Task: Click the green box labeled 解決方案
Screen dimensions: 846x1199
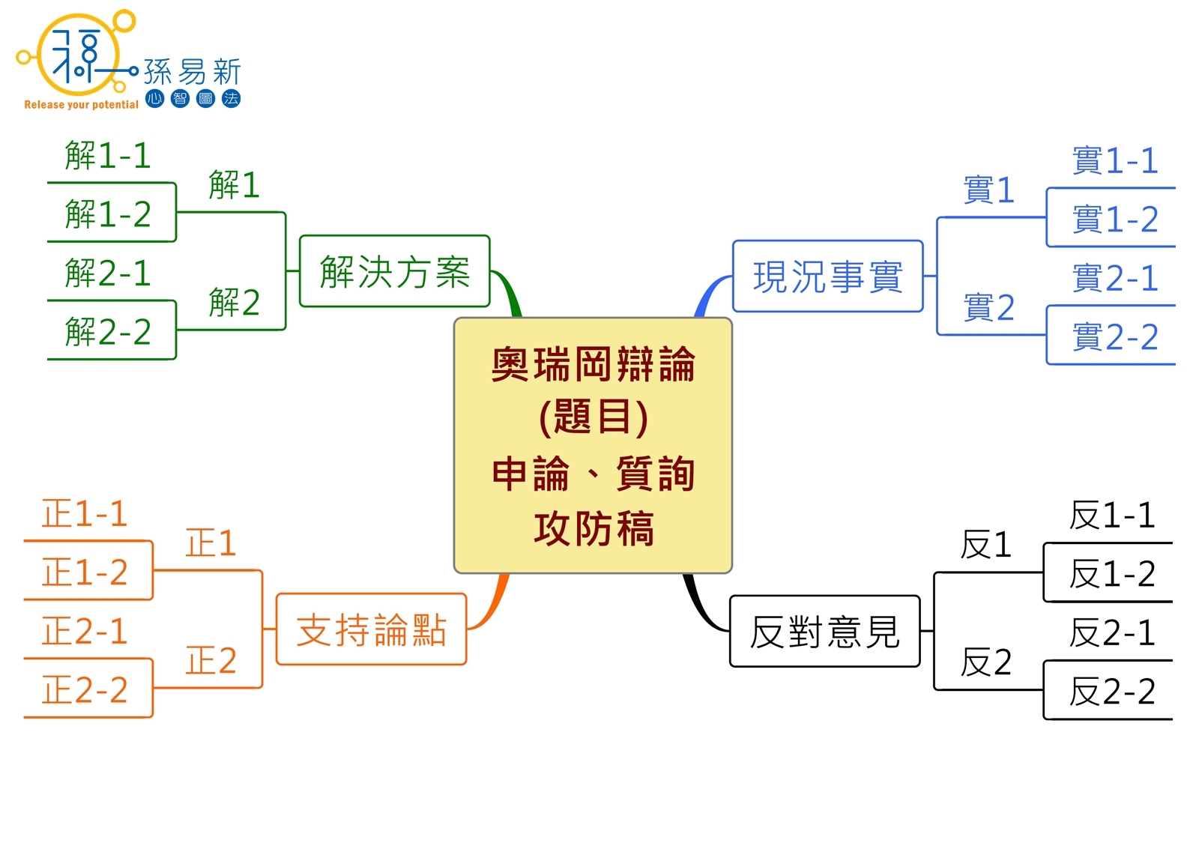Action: (394, 271)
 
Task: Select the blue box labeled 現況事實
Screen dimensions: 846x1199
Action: (827, 277)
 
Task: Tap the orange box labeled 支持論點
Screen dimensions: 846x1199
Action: (371, 629)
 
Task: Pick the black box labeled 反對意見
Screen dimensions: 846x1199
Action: (824, 632)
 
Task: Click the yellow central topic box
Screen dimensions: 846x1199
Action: (593, 446)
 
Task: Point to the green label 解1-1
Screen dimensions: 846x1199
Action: (108, 156)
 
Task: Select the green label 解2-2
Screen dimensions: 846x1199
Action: (108, 332)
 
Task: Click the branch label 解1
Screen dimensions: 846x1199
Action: (234, 185)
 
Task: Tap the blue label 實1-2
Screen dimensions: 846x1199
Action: (1115, 220)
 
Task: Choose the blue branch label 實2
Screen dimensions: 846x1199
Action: (988, 308)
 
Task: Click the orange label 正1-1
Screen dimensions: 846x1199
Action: (85, 514)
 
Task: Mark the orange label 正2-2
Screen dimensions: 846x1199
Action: (85, 690)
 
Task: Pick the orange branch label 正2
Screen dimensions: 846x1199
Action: (211, 661)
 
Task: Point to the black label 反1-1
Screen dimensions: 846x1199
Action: (1112, 516)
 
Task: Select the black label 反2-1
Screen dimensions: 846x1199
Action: (1112, 633)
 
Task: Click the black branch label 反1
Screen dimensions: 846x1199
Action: (986, 545)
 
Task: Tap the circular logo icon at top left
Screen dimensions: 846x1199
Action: (78, 54)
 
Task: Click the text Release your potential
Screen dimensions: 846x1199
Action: (81, 105)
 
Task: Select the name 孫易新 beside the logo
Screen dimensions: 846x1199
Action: (192, 72)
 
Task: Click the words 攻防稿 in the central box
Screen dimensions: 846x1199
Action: (594, 528)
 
